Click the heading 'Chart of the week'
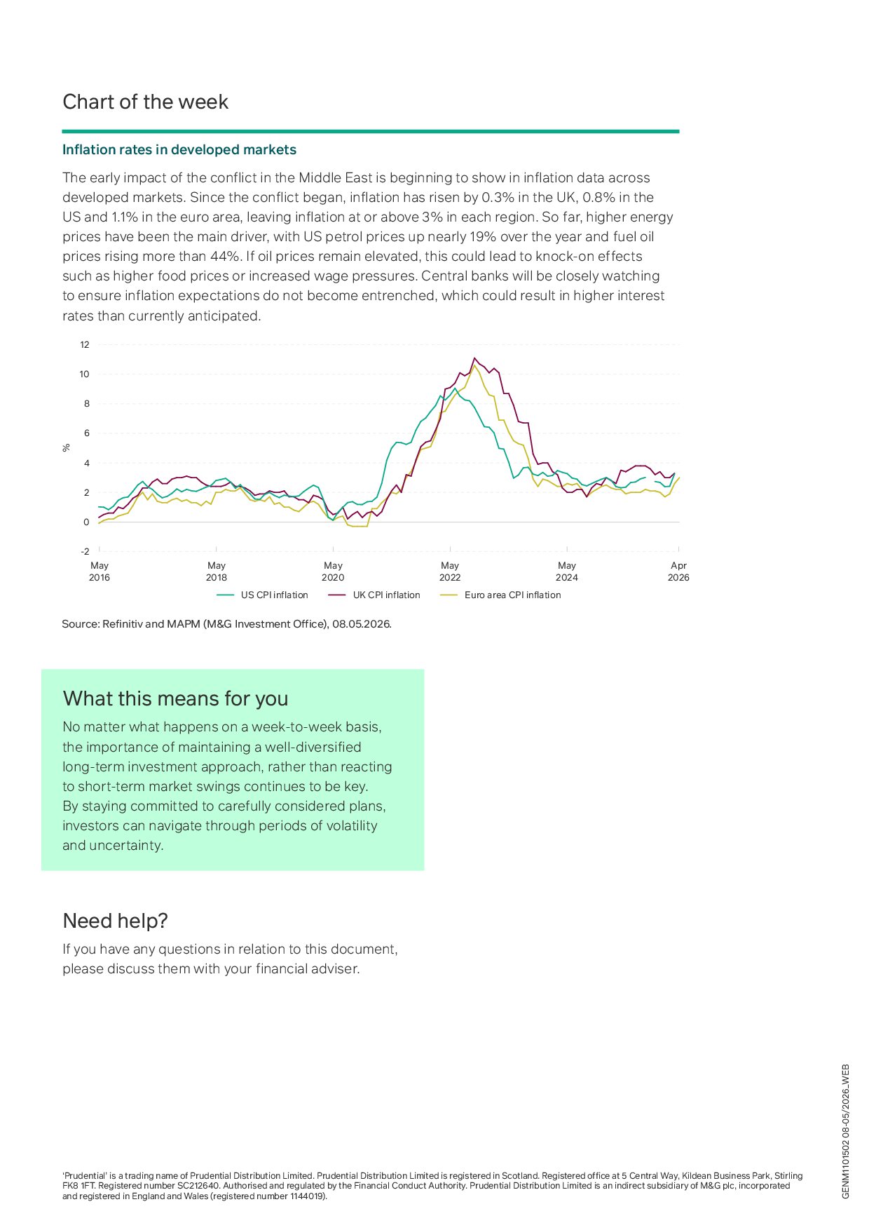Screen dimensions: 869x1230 [x=145, y=102]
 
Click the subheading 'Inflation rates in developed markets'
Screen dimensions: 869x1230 [x=179, y=149]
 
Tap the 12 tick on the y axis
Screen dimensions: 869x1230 [x=85, y=344]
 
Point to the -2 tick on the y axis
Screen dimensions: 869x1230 [x=85, y=551]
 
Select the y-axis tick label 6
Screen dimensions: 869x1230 [x=87, y=433]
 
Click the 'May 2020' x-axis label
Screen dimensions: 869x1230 [x=333, y=572]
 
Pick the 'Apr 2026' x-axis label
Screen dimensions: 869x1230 [x=678, y=572]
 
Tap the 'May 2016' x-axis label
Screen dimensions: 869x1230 [x=100, y=572]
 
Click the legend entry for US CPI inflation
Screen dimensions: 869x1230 [x=263, y=595]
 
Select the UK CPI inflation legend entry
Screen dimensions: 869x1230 [x=374, y=595]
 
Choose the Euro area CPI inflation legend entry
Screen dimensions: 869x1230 [x=500, y=595]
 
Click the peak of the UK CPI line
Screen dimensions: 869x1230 [x=474, y=358]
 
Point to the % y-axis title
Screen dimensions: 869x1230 [x=67, y=447]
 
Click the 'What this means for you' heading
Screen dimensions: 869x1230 [x=175, y=698]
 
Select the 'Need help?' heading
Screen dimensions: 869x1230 [x=116, y=921]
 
